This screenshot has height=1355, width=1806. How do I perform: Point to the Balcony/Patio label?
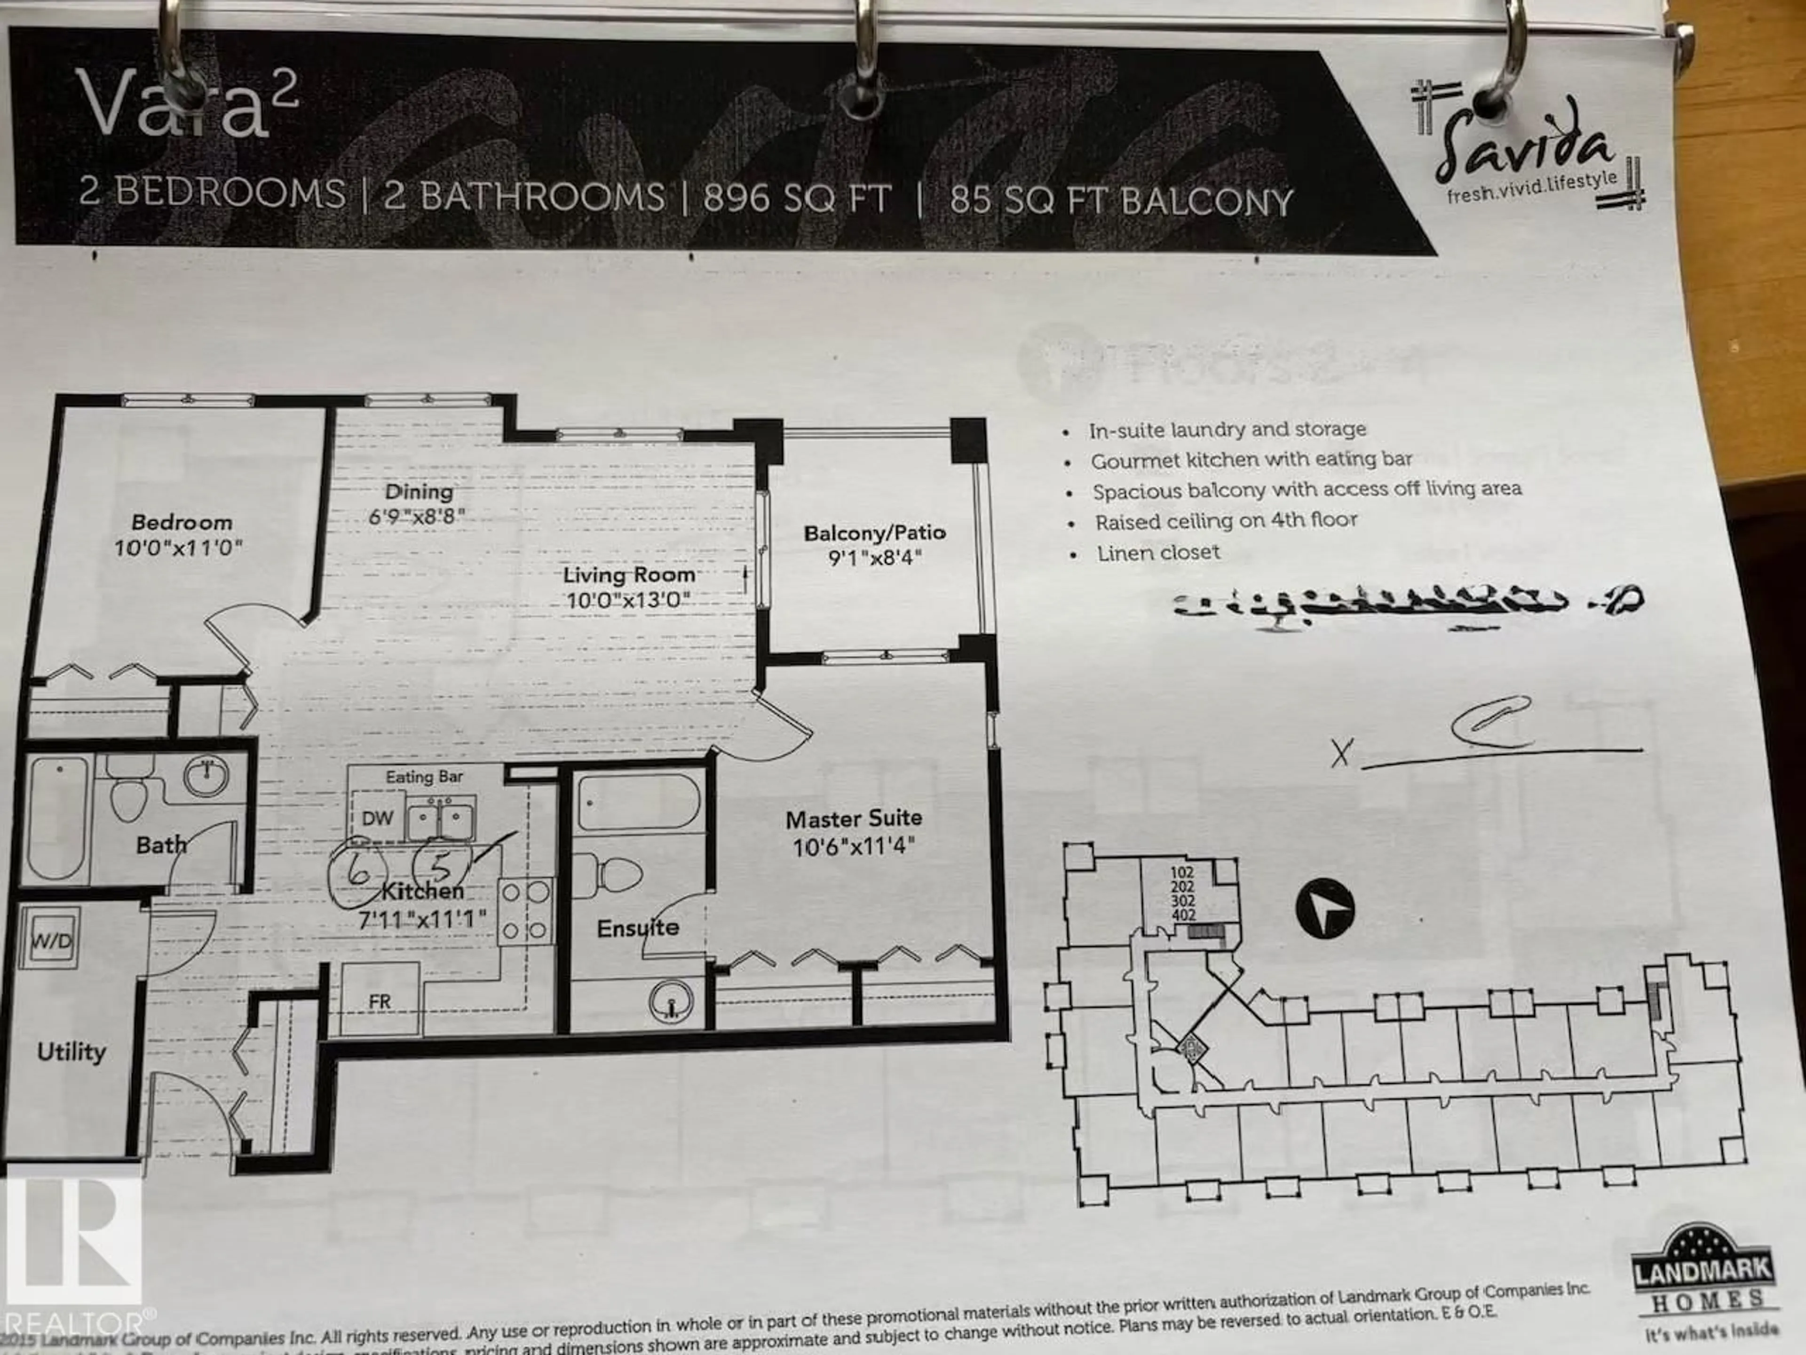(874, 534)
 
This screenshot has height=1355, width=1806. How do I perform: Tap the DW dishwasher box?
(377, 818)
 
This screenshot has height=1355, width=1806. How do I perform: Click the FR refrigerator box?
(380, 1001)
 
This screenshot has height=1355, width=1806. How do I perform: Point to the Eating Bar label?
(424, 777)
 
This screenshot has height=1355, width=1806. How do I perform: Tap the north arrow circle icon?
(1325, 908)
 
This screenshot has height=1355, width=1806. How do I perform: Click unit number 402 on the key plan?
(1183, 915)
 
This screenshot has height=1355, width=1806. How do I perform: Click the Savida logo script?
(1525, 151)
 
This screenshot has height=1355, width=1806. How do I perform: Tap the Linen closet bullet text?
(1158, 553)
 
